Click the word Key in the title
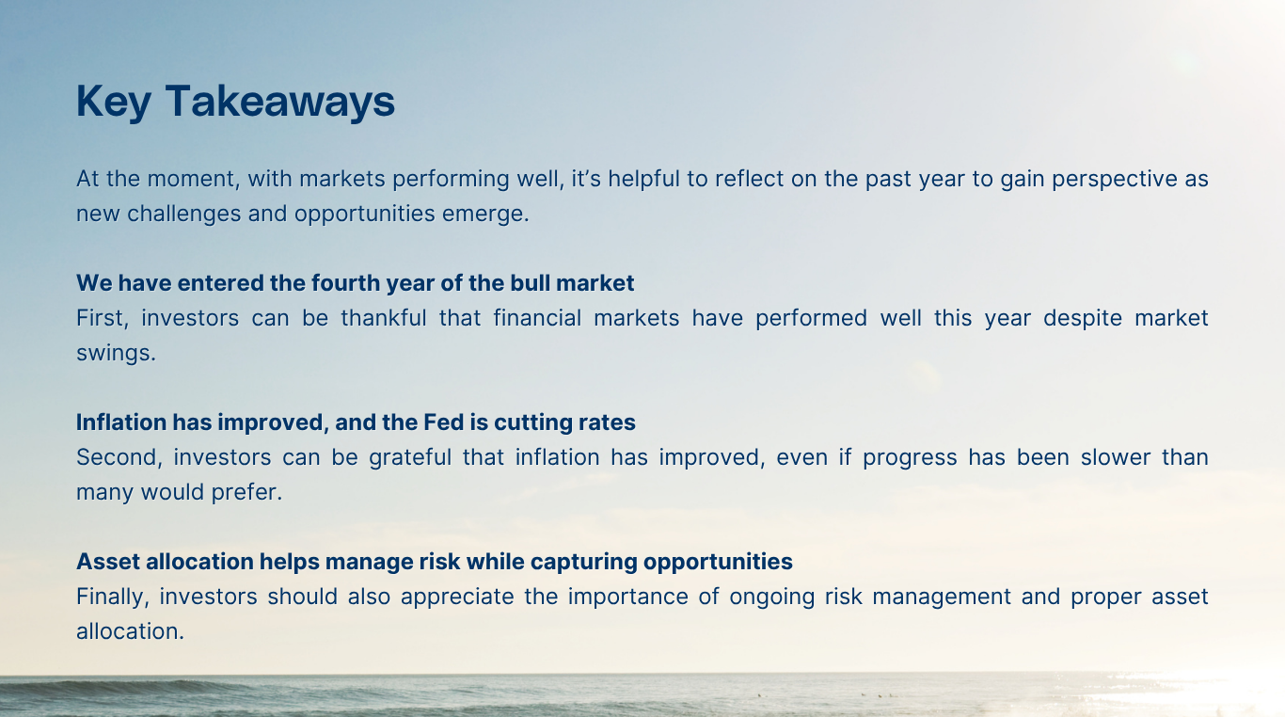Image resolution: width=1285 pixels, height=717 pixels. [113, 102]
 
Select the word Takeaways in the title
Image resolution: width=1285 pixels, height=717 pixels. [280, 102]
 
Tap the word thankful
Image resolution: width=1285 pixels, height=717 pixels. [383, 318]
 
